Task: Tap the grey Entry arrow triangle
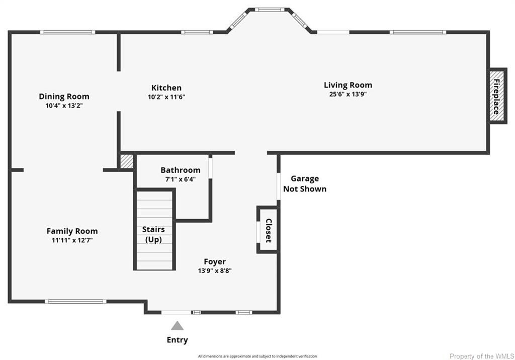pyautogui.click(x=177, y=326)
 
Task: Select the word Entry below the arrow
pyautogui.click(x=177, y=340)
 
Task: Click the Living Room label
pyautogui.click(x=348, y=85)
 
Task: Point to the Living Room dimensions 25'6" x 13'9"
pyautogui.click(x=348, y=94)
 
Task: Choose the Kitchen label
pyautogui.click(x=166, y=87)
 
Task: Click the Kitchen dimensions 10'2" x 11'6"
pyautogui.click(x=166, y=97)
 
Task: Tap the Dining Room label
pyautogui.click(x=64, y=97)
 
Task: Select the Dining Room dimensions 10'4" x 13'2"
pyautogui.click(x=64, y=106)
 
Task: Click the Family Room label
pyautogui.click(x=72, y=231)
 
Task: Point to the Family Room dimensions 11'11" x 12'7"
pyautogui.click(x=72, y=240)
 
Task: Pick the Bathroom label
pyautogui.click(x=180, y=170)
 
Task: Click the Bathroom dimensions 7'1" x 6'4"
pyautogui.click(x=180, y=179)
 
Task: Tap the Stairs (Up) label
pyautogui.click(x=153, y=234)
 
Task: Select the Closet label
pyautogui.click(x=269, y=230)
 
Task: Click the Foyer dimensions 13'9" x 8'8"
pyautogui.click(x=214, y=271)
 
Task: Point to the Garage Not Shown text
pyautogui.click(x=304, y=184)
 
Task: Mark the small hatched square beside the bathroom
pyautogui.click(x=126, y=161)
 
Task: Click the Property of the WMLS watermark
pyautogui.click(x=481, y=356)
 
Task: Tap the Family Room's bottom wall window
pyautogui.click(x=75, y=302)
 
